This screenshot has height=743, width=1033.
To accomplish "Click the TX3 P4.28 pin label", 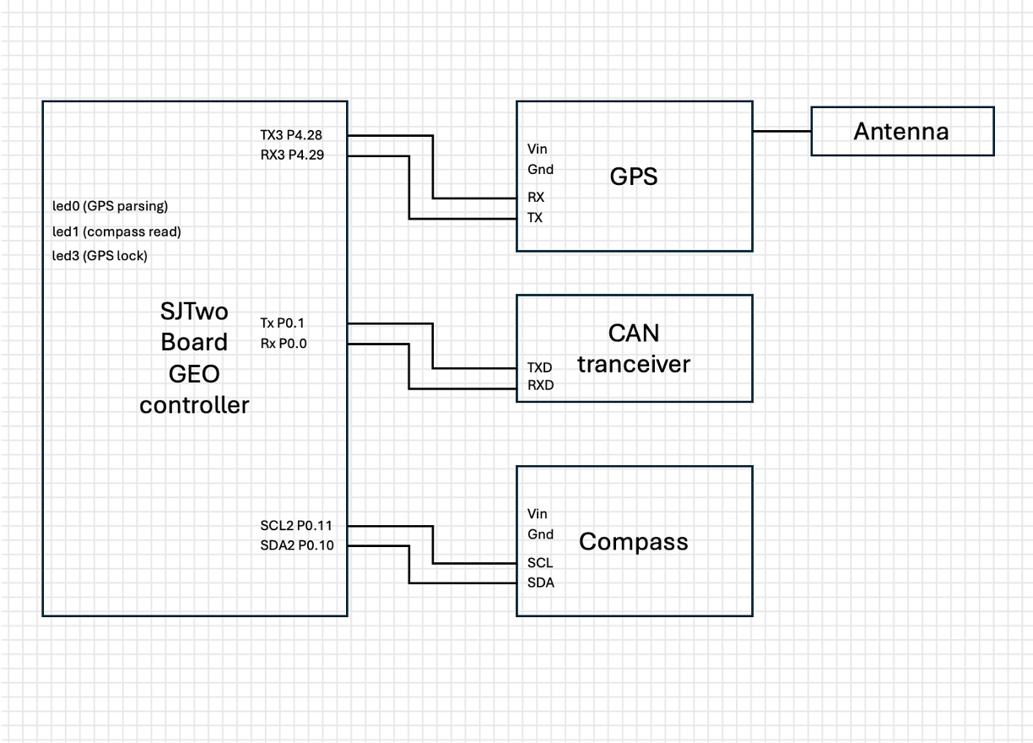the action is tap(291, 135).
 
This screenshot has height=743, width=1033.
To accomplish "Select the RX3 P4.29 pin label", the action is tap(292, 155).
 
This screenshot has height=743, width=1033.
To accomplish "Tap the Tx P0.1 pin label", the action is tap(282, 323).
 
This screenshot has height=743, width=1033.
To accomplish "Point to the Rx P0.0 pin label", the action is tap(284, 344).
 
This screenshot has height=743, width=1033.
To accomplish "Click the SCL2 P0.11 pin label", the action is tap(296, 526).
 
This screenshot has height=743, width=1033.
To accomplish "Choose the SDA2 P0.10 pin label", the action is tap(297, 545).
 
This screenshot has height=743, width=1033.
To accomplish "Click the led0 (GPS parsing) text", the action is tap(110, 206).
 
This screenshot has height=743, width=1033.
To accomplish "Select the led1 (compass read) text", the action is tap(116, 231).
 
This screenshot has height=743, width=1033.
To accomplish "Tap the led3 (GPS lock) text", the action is tap(100, 256).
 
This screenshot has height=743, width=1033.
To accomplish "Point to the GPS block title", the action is tap(634, 176).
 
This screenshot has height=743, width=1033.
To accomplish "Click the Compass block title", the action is tap(634, 542).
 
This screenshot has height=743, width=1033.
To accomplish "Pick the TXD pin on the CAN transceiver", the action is tap(539, 368).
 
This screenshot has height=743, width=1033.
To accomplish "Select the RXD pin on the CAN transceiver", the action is tap(540, 385).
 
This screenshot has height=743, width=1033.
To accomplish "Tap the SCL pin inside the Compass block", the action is tap(540, 563).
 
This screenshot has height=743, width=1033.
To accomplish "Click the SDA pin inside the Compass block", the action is tap(541, 583).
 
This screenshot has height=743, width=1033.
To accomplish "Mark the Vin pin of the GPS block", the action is tap(538, 149).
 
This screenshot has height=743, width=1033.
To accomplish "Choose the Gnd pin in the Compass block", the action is tap(540, 534).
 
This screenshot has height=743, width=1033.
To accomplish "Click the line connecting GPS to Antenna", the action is tap(782, 132).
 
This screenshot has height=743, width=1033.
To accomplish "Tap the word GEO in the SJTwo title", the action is tap(194, 374).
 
